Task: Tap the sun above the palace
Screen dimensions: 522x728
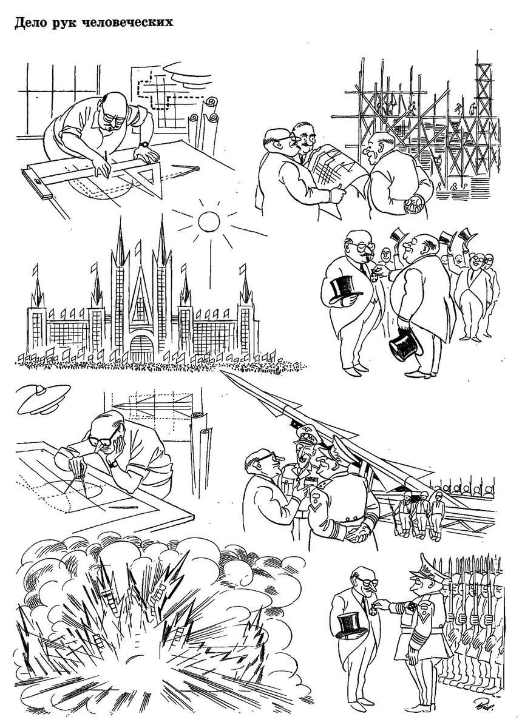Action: tap(209, 221)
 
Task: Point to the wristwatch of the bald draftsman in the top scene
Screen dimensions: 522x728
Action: tap(144, 144)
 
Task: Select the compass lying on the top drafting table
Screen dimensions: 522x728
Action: tap(186, 167)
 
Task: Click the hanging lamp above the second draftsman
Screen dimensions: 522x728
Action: tap(42, 399)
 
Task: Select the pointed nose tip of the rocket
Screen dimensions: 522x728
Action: tap(223, 371)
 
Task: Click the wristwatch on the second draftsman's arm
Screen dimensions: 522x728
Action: tap(114, 464)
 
